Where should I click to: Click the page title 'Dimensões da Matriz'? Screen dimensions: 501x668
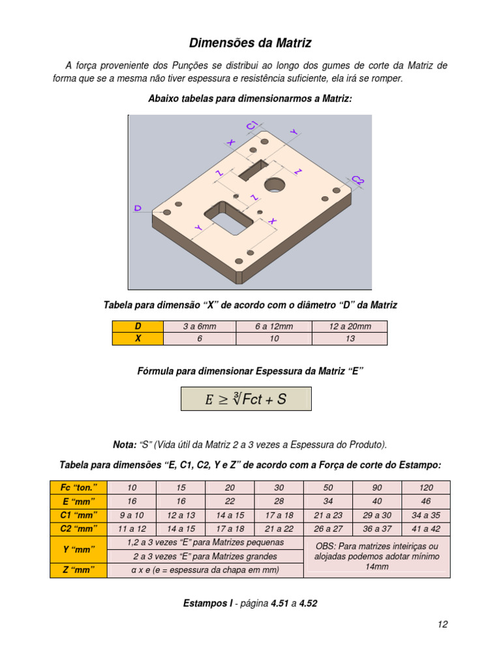pyautogui.click(x=250, y=43)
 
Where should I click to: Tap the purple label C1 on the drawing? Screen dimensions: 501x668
pyautogui.click(x=252, y=125)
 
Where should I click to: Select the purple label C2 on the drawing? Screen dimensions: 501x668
pyautogui.click(x=358, y=180)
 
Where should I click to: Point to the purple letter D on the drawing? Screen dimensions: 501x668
pyautogui.click(x=138, y=208)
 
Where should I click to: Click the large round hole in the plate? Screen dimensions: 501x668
pyautogui.click(x=275, y=185)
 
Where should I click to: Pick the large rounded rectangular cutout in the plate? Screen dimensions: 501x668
pyautogui.click(x=229, y=218)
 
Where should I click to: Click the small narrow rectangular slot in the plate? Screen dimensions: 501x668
pyautogui.click(x=253, y=170)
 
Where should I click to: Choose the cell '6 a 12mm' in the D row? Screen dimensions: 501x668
pyautogui.click(x=274, y=327)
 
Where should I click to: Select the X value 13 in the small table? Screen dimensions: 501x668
pyautogui.click(x=350, y=339)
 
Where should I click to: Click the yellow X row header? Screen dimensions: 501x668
pyautogui.click(x=138, y=339)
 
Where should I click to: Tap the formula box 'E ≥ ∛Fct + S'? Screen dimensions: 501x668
pyautogui.click(x=246, y=399)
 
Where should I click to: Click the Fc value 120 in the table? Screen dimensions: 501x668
pyautogui.click(x=426, y=488)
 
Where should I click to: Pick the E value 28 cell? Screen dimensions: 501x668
pyautogui.click(x=279, y=502)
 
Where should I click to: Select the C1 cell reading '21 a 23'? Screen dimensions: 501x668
pyautogui.click(x=328, y=515)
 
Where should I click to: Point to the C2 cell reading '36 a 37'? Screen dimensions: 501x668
pyautogui.click(x=377, y=529)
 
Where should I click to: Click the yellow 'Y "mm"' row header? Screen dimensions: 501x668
pyautogui.click(x=78, y=549)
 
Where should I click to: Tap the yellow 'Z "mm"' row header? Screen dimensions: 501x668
pyautogui.click(x=78, y=570)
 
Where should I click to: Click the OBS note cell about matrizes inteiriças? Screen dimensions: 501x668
pyautogui.click(x=377, y=556)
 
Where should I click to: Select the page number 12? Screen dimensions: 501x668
pyautogui.click(x=443, y=624)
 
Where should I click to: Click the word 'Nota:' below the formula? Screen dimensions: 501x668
pyautogui.click(x=125, y=445)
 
